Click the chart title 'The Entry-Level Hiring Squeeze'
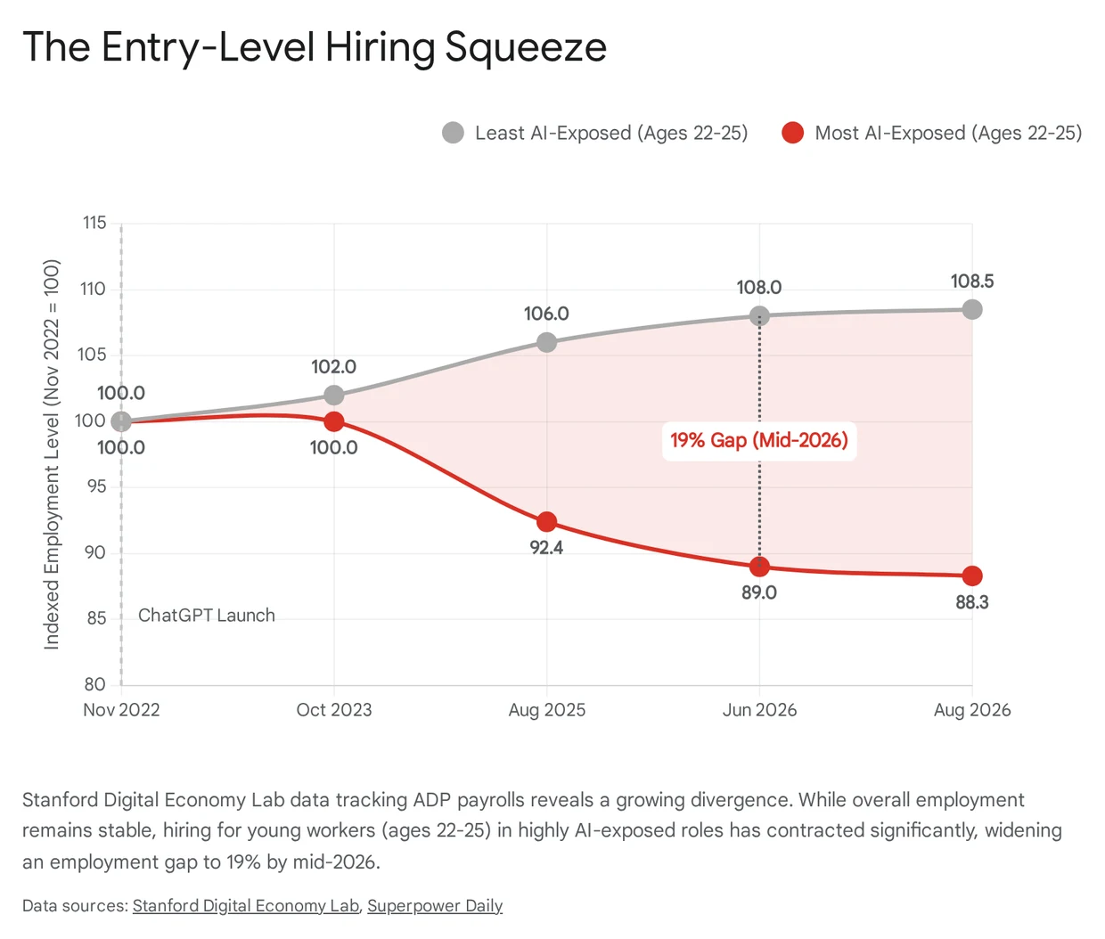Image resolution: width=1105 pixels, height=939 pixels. pyautogui.click(x=315, y=48)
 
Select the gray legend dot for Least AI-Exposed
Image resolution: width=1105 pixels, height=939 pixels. pyautogui.click(x=453, y=133)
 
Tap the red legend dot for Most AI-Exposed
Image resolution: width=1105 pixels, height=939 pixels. pyautogui.click(x=792, y=133)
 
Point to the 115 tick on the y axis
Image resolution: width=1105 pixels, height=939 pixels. pyautogui.click(x=94, y=223)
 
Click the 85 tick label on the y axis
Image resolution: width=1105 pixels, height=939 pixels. pyautogui.click(x=96, y=618)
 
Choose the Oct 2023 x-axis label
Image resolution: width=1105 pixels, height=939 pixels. pyautogui.click(x=334, y=710)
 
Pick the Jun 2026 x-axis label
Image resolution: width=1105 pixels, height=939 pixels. pyautogui.click(x=759, y=710)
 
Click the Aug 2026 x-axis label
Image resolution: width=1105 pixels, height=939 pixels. pyautogui.click(x=972, y=710)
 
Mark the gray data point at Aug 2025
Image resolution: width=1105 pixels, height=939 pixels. pyautogui.click(x=547, y=343)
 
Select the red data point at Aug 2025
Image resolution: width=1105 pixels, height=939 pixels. pyautogui.click(x=547, y=521)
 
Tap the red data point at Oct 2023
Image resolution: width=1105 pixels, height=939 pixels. pyautogui.click(x=334, y=421)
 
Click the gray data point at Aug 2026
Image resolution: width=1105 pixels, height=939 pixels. pyautogui.click(x=972, y=309)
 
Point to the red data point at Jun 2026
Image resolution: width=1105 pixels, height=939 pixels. pyautogui.click(x=759, y=567)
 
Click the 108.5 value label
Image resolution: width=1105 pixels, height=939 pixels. pyautogui.click(x=972, y=282)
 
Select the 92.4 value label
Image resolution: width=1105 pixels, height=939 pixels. pyautogui.click(x=546, y=548)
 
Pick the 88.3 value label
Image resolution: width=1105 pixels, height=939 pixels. pyautogui.click(x=972, y=602)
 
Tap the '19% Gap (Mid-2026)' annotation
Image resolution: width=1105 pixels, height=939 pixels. pyautogui.click(x=759, y=440)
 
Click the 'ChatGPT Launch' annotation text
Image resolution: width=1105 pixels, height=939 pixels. pyautogui.click(x=207, y=616)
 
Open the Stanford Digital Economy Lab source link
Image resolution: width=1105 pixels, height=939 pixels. pyautogui.click(x=246, y=905)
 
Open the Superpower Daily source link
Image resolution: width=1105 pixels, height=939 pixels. pyautogui.click(x=435, y=905)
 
